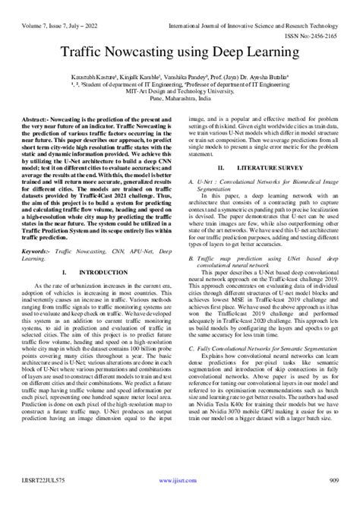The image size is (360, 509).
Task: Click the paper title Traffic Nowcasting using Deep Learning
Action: [x=180, y=53]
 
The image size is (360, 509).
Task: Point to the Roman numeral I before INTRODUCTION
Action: [x=65, y=271]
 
